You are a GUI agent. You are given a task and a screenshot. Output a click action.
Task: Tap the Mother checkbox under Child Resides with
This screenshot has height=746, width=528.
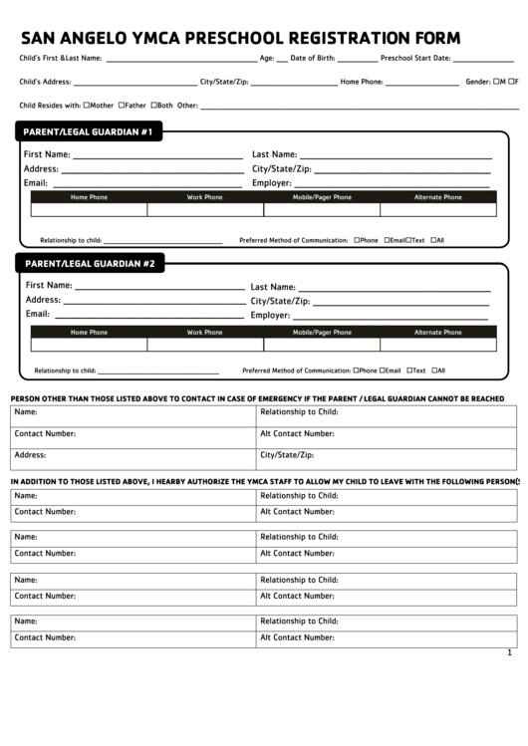(x=87, y=105)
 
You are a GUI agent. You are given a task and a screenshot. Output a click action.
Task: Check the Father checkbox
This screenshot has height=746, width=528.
(x=122, y=105)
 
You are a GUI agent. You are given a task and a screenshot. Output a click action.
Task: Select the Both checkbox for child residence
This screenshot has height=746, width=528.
(x=152, y=105)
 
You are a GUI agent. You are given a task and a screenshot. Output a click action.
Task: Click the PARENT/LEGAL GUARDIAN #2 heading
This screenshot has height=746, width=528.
(x=90, y=264)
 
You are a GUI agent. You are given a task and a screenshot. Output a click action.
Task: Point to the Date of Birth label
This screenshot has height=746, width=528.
(x=313, y=59)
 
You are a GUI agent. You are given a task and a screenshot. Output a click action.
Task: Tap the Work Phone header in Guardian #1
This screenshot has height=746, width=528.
(x=205, y=197)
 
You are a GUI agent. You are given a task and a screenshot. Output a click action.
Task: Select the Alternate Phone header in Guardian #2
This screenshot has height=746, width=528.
(x=438, y=332)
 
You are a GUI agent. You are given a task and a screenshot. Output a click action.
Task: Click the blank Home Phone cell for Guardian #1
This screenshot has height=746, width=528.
(x=90, y=210)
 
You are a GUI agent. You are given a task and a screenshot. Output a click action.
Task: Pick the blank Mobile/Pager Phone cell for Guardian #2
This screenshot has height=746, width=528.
(x=322, y=345)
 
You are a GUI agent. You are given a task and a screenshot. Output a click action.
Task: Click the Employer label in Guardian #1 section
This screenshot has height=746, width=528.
(x=271, y=183)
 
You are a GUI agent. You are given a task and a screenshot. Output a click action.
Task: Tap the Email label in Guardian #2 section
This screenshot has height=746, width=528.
(x=37, y=314)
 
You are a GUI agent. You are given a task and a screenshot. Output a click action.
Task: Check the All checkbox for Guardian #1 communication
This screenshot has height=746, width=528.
(x=433, y=240)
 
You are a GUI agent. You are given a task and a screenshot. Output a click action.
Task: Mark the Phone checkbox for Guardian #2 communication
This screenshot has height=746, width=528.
(x=357, y=371)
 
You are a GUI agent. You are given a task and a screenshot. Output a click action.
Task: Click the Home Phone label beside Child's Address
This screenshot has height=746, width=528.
(x=361, y=82)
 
